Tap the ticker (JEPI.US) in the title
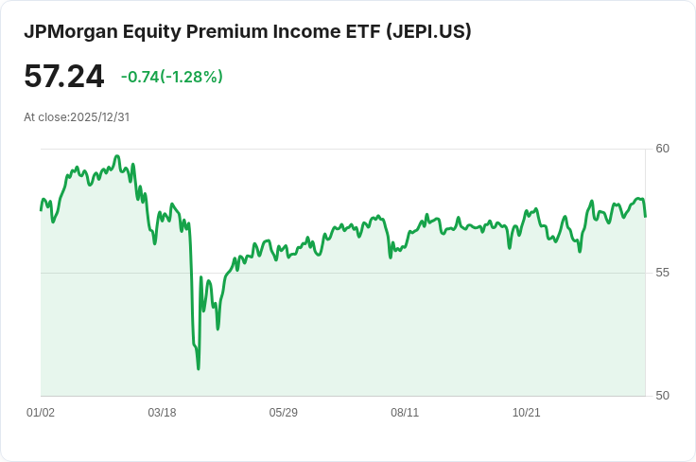pyautogui.click(x=428, y=31)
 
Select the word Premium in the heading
pyautogui.click(x=221, y=31)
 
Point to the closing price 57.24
pyautogui.click(x=63, y=77)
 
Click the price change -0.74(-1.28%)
pyautogui.click(x=172, y=77)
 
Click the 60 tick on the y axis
pyautogui.click(x=662, y=149)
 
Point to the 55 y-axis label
pyautogui.click(x=662, y=273)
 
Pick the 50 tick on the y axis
pyautogui.click(x=662, y=396)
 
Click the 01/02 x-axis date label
pyautogui.click(x=41, y=413)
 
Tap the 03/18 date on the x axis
pyautogui.click(x=162, y=413)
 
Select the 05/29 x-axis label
pyautogui.click(x=284, y=413)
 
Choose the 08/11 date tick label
pyautogui.click(x=405, y=413)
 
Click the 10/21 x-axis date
pyautogui.click(x=526, y=413)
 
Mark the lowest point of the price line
pyautogui.click(x=198, y=368)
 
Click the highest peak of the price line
pyautogui.click(x=117, y=156)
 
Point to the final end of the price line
pyautogui.click(x=645, y=217)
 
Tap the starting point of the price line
pyautogui.click(x=41, y=209)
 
